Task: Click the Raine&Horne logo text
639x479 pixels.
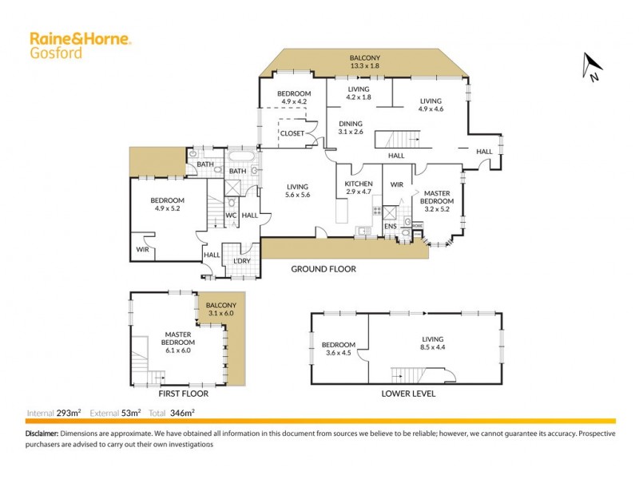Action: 80,38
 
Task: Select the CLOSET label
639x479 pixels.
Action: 293,133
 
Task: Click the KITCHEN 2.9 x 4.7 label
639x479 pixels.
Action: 359,188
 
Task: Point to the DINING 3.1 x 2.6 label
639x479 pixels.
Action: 351,128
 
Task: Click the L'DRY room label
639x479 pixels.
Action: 242,261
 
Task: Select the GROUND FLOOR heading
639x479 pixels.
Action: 323,270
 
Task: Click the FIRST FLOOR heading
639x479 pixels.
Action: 183,394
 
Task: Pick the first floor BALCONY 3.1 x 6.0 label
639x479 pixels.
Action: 221,310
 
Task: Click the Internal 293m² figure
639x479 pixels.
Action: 55,413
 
